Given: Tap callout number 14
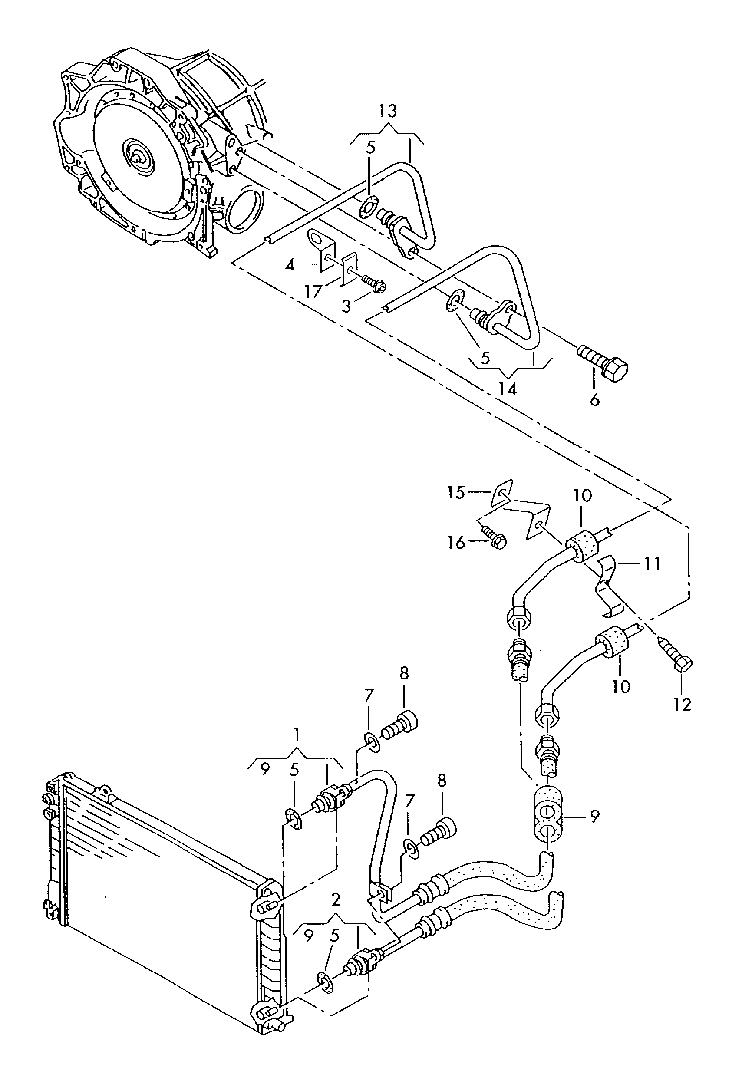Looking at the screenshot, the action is pyautogui.click(x=508, y=388).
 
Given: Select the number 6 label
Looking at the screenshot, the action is pyautogui.click(x=595, y=400).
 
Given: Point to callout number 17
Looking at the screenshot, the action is pyautogui.click(x=313, y=292).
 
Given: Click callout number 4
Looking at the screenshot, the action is pyautogui.click(x=290, y=265).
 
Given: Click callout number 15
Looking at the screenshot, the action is pyautogui.click(x=455, y=492).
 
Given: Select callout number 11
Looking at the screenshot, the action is pyautogui.click(x=653, y=564).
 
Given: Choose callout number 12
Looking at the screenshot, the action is pyautogui.click(x=682, y=704).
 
